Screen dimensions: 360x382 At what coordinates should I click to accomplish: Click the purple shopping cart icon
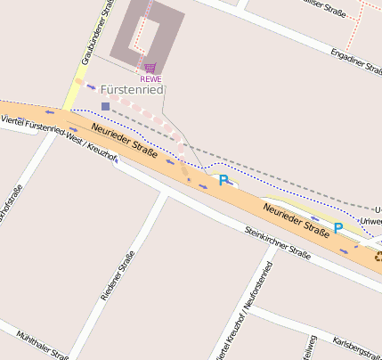pyautogui.click(x=150, y=68)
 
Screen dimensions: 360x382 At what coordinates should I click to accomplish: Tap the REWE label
pyautogui.click(x=150, y=78)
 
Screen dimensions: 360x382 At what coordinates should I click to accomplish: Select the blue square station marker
pyautogui.click(x=105, y=106)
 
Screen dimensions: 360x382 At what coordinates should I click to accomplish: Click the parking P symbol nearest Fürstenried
pyautogui.click(x=224, y=180)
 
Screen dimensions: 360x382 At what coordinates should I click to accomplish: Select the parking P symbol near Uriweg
pyautogui.click(x=338, y=227)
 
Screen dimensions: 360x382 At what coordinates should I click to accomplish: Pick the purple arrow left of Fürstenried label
pyautogui.click(x=91, y=87)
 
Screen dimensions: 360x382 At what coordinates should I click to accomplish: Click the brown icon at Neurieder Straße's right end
pyautogui.click(x=378, y=257)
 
